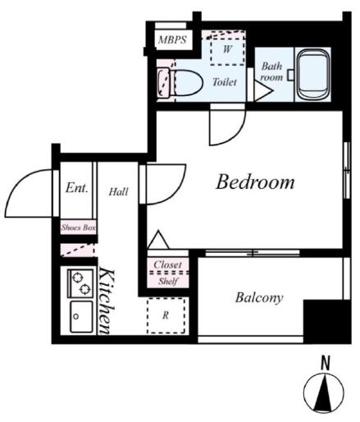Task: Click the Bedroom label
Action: (x=255, y=182)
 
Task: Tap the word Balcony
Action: (x=259, y=298)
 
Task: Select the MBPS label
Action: (x=172, y=40)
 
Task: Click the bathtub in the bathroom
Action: (x=313, y=74)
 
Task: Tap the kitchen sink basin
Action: (x=81, y=317)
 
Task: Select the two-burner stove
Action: (x=80, y=283)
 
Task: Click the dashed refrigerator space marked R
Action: (x=166, y=315)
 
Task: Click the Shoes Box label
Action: (x=79, y=227)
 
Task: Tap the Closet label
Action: (x=167, y=264)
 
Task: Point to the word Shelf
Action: (x=168, y=281)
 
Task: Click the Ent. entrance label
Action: (x=77, y=188)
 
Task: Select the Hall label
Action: (x=118, y=191)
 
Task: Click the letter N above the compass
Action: (x=326, y=363)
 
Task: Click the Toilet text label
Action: (x=225, y=82)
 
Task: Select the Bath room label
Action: (x=271, y=71)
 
